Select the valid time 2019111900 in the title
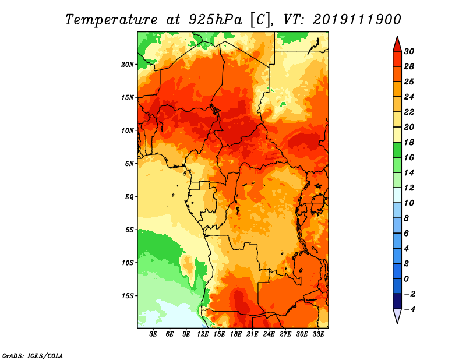point(356,19)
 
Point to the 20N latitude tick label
point(128,64)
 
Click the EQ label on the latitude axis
point(129,197)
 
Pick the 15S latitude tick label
point(128,296)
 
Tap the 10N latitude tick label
point(128,130)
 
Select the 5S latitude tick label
point(129,230)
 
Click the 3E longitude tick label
point(154,335)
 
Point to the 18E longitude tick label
point(236,335)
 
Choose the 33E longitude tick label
point(318,335)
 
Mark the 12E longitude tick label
point(203,335)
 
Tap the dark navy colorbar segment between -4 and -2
point(397,301)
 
